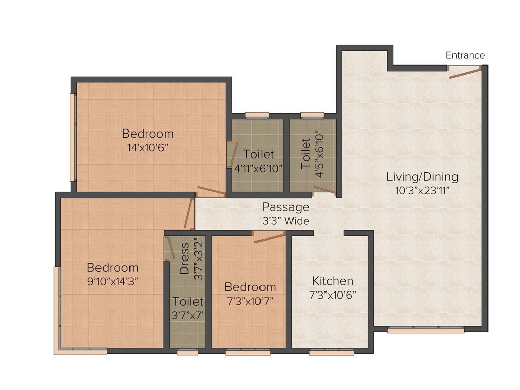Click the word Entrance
tap(465, 55)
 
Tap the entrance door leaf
tap(465, 74)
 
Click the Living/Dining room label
tap(422, 177)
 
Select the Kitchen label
tap(333, 281)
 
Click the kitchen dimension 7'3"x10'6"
tap(333, 295)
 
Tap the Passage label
tap(285, 207)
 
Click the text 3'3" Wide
tap(285, 221)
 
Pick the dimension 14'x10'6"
tap(148, 148)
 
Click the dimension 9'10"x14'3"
tap(112, 280)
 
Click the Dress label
tap(185, 258)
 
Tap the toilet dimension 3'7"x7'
tap(187, 315)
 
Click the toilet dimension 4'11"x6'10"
tap(258, 168)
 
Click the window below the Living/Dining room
tap(426, 330)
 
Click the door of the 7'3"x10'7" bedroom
tap(269, 237)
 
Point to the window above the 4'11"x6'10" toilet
tap(257, 115)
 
